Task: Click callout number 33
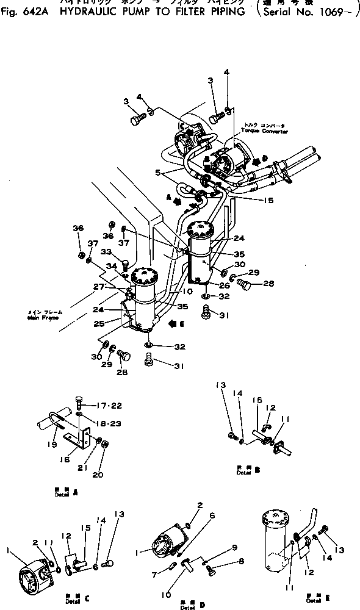106,251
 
